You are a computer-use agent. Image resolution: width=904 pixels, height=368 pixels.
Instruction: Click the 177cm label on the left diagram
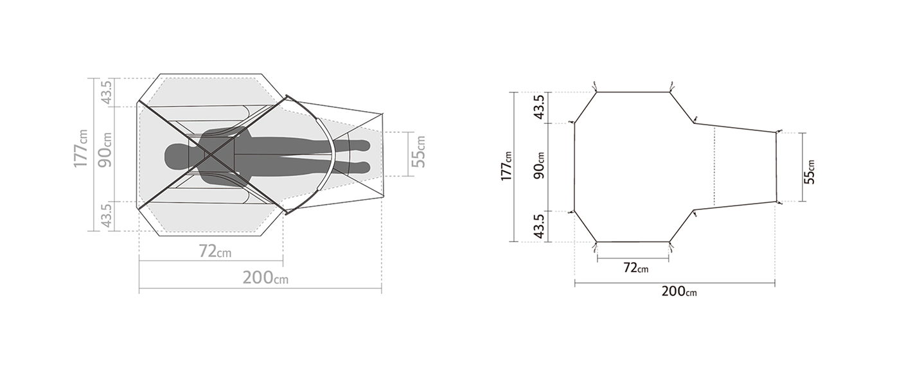pyautogui.click(x=80, y=148)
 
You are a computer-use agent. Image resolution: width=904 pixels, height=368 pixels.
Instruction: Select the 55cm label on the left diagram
pyautogui.click(x=418, y=152)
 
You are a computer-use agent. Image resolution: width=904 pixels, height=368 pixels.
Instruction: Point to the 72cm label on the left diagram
pyautogui.click(x=215, y=251)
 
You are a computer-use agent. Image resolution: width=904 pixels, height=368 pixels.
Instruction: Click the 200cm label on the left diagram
pyautogui.click(x=265, y=277)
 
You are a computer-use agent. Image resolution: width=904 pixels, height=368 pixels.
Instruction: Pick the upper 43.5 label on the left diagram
pyautogui.click(x=106, y=92)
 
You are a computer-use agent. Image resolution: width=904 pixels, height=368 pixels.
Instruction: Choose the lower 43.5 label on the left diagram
pyautogui.click(x=106, y=216)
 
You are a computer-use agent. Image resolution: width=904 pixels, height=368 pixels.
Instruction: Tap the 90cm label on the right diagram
pyautogui.click(x=539, y=166)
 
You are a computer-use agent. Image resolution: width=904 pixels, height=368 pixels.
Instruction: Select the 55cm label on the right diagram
pyautogui.click(x=809, y=172)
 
